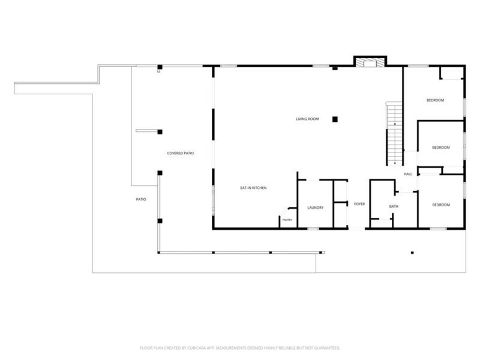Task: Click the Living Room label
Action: click(307, 119)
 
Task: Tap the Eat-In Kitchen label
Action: click(253, 188)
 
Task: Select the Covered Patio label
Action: click(181, 153)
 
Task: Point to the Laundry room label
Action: click(316, 208)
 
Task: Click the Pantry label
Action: click(287, 220)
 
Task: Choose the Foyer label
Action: click(359, 204)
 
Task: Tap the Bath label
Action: click(394, 206)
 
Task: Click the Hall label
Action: click(408, 174)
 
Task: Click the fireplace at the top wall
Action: click(370, 62)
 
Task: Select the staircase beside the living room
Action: click(394, 134)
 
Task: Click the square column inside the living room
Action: click(335, 119)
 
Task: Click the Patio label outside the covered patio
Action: click(141, 199)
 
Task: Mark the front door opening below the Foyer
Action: click(356, 229)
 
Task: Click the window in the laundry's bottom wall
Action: click(313, 229)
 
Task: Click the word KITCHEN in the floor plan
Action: click(260, 188)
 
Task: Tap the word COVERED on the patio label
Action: click(174, 153)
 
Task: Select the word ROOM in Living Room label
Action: click(313, 119)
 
